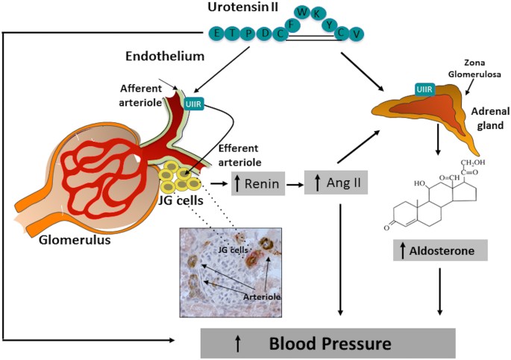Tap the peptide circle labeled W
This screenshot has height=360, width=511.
pos(302,13)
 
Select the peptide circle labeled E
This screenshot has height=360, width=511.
pos(216,34)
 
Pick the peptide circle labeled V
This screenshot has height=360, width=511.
pos(359,34)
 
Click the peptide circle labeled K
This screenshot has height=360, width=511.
pos(319,14)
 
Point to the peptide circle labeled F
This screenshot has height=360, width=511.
pos(292,24)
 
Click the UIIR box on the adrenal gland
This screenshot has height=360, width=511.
pos(425,91)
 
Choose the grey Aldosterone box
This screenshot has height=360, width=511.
pos(440,250)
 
